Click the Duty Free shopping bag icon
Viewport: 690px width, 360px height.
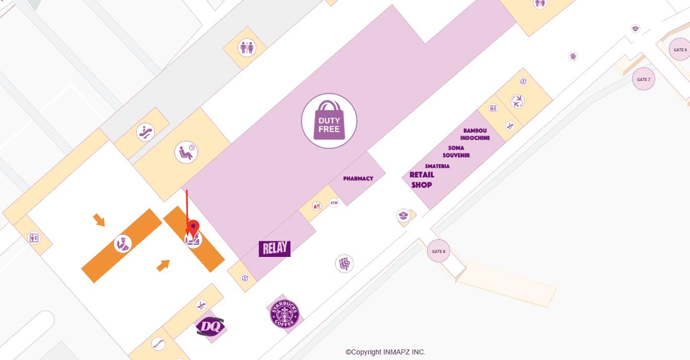[x=329, y=121]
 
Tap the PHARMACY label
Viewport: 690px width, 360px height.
[x=358, y=178]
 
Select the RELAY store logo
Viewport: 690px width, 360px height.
[x=274, y=248]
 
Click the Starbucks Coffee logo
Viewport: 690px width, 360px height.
[x=284, y=314]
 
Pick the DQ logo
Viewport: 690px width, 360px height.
[x=210, y=326]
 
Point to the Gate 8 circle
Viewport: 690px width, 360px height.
[x=438, y=251]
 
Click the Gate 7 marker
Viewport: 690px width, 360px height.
[x=643, y=79]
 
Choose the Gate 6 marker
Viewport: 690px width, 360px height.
[x=680, y=50]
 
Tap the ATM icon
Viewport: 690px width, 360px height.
[x=334, y=203]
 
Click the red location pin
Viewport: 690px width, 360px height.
[x=193, y=228]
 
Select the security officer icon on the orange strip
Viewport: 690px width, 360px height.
[x=122, y=244]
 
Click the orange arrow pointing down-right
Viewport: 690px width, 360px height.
[x=99, y=220]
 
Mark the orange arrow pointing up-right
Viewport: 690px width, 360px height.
[x=163, y=265]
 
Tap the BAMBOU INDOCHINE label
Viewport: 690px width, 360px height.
[x=475, y=134]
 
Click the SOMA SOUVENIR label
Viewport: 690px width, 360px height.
[x=456, y=151]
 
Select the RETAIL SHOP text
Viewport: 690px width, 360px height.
[x=422, y=179]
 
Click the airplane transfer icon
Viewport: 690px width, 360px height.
[x=517, y=102]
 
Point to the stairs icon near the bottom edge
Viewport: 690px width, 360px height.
[x=158, y=344]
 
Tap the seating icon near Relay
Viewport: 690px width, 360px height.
[x=344, y=263]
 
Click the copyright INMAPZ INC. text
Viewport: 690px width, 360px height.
[x=385, y=352]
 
